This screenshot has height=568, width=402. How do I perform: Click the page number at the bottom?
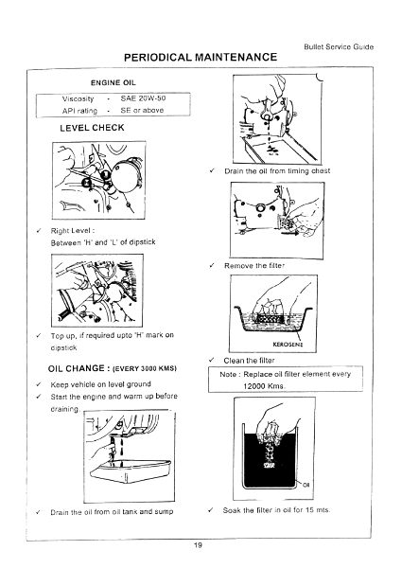(x=200, y=542)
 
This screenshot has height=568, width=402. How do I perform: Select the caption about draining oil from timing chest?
(x=274, y=169)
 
